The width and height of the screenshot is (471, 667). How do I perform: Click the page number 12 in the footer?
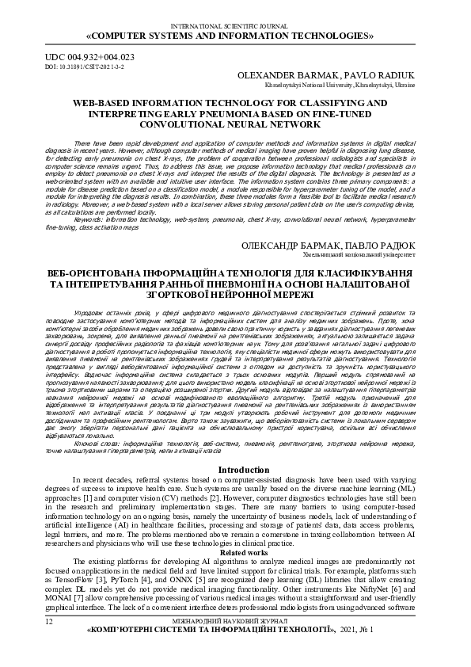click(x=50, y=644)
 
